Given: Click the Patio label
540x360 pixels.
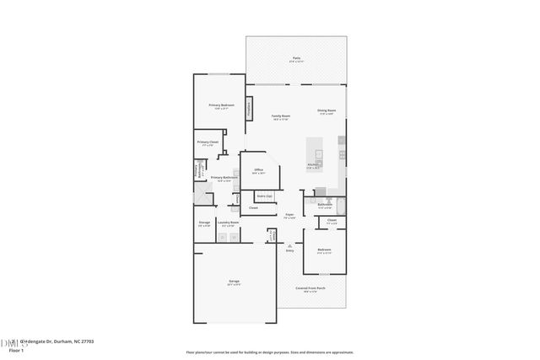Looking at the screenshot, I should (x=296, y=59).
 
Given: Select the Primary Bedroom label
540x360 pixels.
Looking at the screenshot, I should (x=221, y=106).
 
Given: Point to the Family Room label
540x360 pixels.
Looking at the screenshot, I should (x=281, y=116).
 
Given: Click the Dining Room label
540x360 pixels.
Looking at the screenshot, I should (x=327, y=111).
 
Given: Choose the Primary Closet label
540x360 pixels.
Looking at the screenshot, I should (x=208, y=143).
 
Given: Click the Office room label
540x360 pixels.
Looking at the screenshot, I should (x=259, y=171).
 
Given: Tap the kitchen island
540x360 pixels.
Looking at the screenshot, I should (x=318, y=155).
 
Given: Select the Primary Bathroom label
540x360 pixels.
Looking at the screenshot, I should (x=221, y=179).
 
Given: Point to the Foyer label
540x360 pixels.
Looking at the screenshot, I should (x=289, y=216).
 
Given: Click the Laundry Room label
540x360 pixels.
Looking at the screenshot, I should (x=228, y=224).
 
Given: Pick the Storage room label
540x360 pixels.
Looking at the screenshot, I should (x=204, y=224).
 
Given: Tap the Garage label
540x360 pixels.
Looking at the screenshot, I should (x=234, y=282).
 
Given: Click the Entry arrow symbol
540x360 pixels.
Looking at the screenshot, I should (x=289, y=245).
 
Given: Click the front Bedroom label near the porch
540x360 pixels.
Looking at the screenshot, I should (x=325, y=250).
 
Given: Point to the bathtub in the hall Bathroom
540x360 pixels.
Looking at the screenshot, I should (x=325, y=193).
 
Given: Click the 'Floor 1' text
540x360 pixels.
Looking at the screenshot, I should (x=16, y=349).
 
